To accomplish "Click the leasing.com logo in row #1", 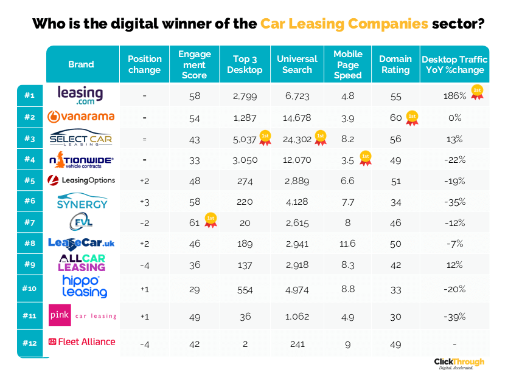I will (x=80, y=95).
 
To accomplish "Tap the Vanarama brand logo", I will (x=81, y=117).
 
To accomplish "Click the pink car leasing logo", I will (x=82, y=316).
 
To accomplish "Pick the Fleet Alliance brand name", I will (x=82, y=342).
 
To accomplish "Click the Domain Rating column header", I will (x=395, y=64).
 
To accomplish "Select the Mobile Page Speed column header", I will (x=347, y=64).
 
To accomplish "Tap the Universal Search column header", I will (x=297, y=64).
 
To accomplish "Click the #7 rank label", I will (x=30, y=223).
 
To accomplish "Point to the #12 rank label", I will (x=30, y=343).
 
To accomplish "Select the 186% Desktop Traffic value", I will (x=454, y=96).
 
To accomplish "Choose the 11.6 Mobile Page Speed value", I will (x=348, y=244).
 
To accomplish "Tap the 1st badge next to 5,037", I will (x=265, y=138).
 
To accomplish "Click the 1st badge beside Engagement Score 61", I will (x=211, y=221).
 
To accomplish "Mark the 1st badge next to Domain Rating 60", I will (x=412, y=117).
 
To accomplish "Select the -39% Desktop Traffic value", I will (x=454, y=317).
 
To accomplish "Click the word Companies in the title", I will (x=387, y=24).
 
